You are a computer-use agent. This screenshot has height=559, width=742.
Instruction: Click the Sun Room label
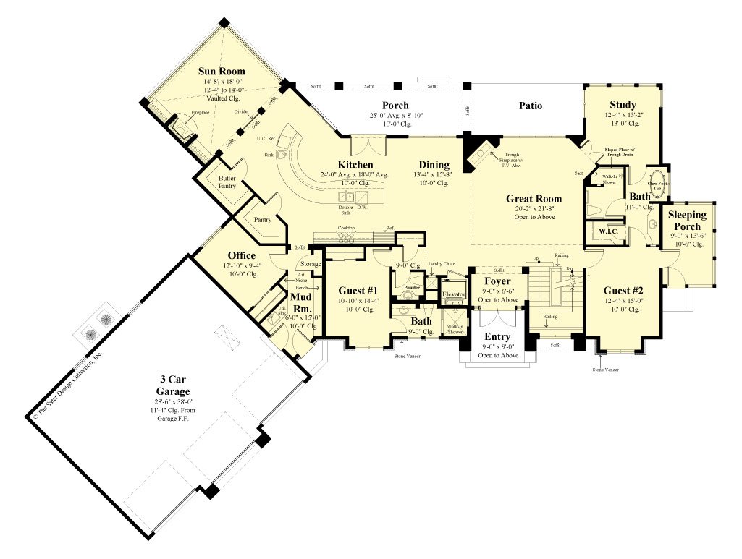click(x=222, y=72)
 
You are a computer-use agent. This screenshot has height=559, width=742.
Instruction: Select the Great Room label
click(x=534, y=199)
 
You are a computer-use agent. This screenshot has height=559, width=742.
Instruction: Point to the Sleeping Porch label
click(x=688, y=221)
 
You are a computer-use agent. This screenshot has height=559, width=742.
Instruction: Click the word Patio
click(x=531, y=106)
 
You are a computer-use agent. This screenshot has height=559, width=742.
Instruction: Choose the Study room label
click(x=622, y=105)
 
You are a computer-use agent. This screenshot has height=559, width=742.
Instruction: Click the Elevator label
click(x=454, y=295)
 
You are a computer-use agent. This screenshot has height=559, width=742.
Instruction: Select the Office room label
click(x=241, y=255)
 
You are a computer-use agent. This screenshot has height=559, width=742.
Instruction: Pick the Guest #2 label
click(x=622, y=291)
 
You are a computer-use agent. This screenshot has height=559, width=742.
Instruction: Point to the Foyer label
click(x=497, y=281)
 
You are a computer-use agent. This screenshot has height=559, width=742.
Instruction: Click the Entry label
click(x=497, y=337)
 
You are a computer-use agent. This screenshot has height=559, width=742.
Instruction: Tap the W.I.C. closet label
click(x=605, y=231)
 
